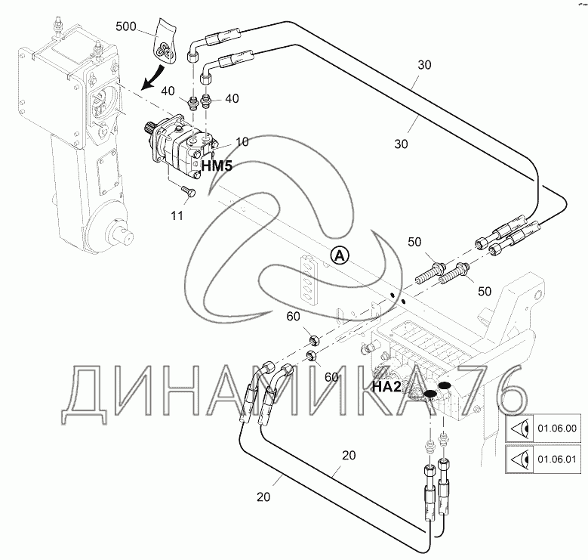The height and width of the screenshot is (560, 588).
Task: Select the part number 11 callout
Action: [x=177, y=216]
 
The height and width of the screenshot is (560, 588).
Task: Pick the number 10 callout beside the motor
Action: [x=242, y=141]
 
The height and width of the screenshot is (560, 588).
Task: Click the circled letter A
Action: [x=340, y=255]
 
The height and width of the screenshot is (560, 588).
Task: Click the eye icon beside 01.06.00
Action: [x=519, y=429]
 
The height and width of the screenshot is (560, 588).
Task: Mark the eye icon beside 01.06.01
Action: [x=519, y=459]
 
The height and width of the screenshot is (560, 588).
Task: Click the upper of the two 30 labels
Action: [x=423, y=65]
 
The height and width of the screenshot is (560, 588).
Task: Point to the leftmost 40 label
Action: [x=168, y=91]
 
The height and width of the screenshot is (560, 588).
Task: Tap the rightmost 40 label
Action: [x=231, y=98]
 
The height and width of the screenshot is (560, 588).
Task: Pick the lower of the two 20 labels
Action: [x=263, y=497]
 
